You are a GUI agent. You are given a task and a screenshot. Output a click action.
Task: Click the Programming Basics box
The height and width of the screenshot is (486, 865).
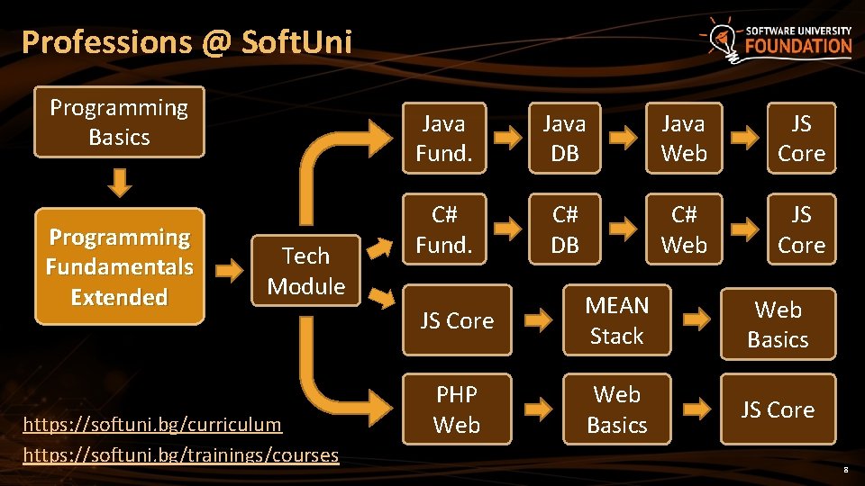(119, 122)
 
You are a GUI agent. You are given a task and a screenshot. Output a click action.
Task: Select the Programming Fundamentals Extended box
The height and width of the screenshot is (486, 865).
(119, 267)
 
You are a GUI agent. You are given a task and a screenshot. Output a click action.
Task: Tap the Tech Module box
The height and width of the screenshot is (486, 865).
(306, 271)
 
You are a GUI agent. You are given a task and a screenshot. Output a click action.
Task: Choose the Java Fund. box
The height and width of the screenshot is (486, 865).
(443, 139)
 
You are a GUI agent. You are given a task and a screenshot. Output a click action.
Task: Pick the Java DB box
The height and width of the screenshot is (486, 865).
(565, 139)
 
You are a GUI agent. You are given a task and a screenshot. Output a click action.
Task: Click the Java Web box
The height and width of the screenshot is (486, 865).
(684, 139)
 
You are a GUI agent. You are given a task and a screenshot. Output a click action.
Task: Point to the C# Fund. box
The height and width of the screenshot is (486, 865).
(443, 229)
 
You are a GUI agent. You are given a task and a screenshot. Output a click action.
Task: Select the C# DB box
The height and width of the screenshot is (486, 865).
(565, 229)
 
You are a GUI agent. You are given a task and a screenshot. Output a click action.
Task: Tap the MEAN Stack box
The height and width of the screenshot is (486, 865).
(616, 320)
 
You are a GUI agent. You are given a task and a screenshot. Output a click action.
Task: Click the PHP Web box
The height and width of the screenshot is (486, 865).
(456, 409)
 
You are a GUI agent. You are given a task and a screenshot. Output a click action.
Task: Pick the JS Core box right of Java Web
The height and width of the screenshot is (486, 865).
(801, 139)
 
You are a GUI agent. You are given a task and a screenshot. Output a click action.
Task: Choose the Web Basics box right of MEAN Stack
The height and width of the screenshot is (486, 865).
(778, 325)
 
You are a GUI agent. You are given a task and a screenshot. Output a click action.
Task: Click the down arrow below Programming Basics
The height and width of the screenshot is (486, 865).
(120, 184)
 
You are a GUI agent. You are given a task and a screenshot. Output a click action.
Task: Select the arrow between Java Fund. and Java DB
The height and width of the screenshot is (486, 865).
(507, 139)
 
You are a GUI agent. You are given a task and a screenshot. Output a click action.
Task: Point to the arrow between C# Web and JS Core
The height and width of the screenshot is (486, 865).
(743, 229)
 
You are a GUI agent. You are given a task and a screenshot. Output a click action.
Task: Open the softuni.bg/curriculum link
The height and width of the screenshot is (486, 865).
(152, 424)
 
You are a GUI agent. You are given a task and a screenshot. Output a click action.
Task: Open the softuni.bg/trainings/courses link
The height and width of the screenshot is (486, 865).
(180, 454)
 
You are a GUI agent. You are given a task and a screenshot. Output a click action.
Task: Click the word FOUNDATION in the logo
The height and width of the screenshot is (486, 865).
(797, 47)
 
